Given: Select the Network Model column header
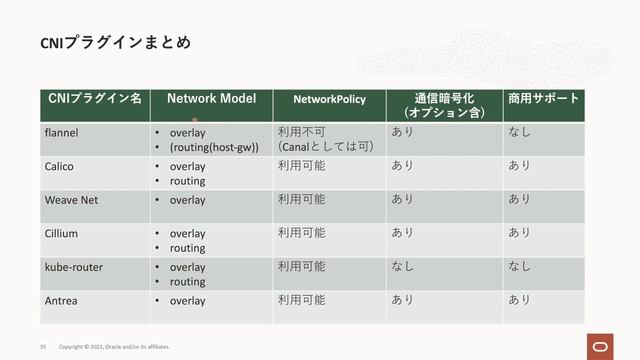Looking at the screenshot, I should pos(211,98).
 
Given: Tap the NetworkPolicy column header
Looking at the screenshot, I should pos(329,99).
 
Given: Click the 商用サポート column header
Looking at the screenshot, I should pos(544,98).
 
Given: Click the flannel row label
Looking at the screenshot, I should pos(62,131).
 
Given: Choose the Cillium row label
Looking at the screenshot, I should pos(62,233).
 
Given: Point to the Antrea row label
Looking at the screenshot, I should pos(62,300).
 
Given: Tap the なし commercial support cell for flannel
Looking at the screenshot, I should pos(519,131).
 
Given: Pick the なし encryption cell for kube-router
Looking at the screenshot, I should pos(403,267).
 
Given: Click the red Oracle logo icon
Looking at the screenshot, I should pos(599,345).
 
